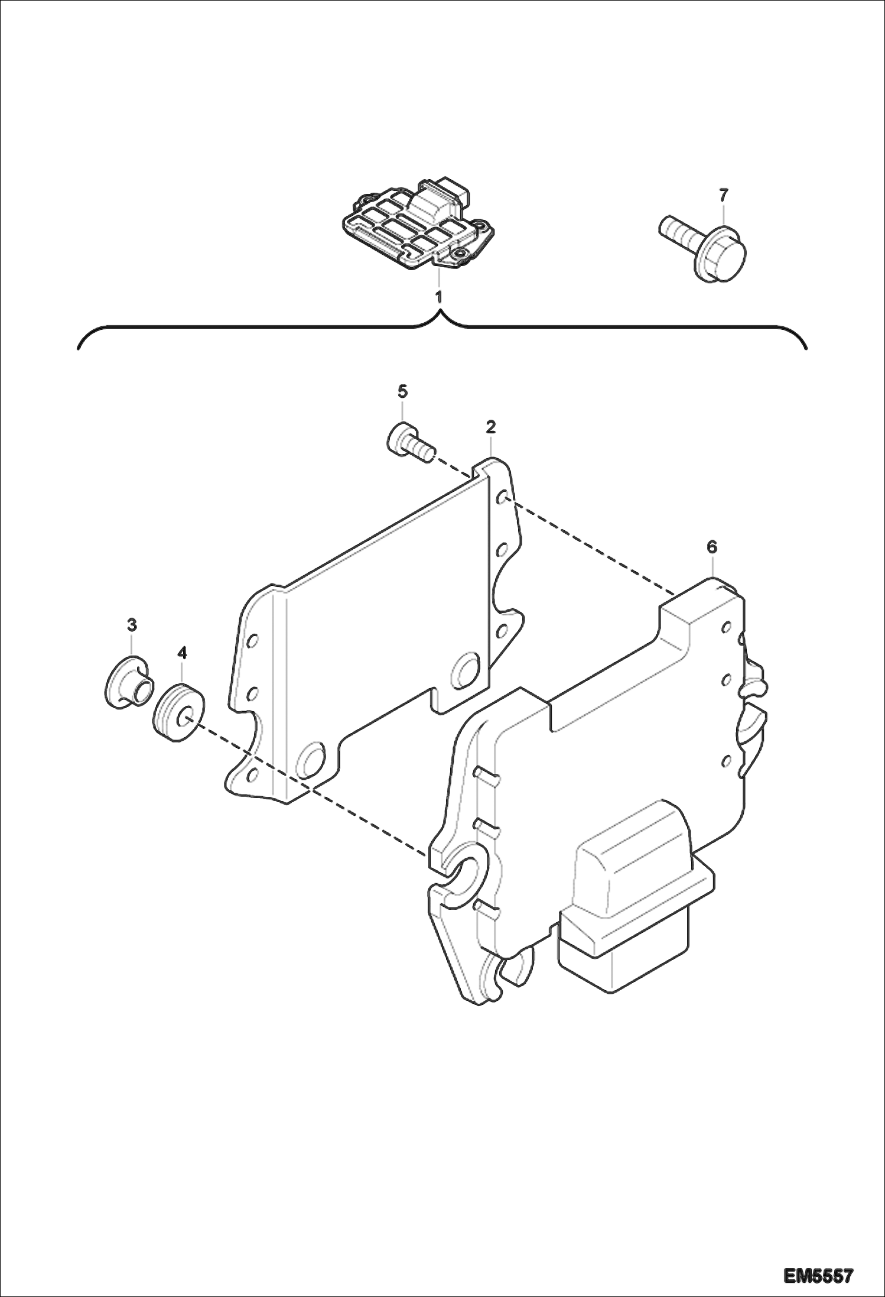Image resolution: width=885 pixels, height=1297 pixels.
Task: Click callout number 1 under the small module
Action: click(x=438, y=297)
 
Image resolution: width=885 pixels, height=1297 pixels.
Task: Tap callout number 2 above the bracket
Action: click(x=490, y=426)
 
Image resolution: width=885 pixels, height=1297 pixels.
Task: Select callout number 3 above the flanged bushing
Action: click(x=132, y=624)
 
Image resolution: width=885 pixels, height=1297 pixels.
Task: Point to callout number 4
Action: click(x=181, y=653)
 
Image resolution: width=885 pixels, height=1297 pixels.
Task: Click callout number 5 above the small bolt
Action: click(x=402, y=391)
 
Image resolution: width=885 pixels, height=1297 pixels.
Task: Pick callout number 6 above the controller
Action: click(x=712, y=547)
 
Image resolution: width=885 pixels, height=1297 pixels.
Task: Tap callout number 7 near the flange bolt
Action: click(x=724, y=194)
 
